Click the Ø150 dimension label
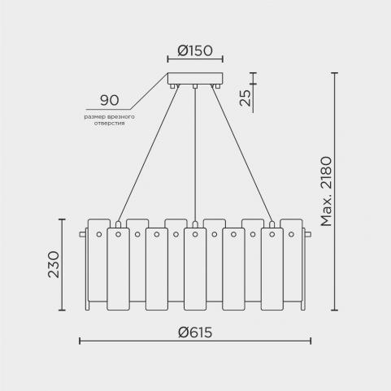(195, 50)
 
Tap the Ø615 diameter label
(195, 332)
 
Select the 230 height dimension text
(54, 264)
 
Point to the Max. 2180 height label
(326, 191)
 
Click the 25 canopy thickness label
(245, 98)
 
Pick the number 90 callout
(110, 100)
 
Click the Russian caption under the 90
(109, 120)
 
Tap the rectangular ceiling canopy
(195, 79)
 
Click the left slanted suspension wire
(148, 154)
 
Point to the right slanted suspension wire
(241, 154)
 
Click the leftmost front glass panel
(118, 269)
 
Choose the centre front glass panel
(195, 269)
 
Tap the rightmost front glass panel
(272, 269)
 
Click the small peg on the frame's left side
(82, 234)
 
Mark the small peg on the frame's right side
(308, 234)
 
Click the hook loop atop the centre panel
(195, 224)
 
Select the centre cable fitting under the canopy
(195, 86)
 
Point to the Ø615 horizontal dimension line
(195, 341)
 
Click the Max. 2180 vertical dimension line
(335, 191)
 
